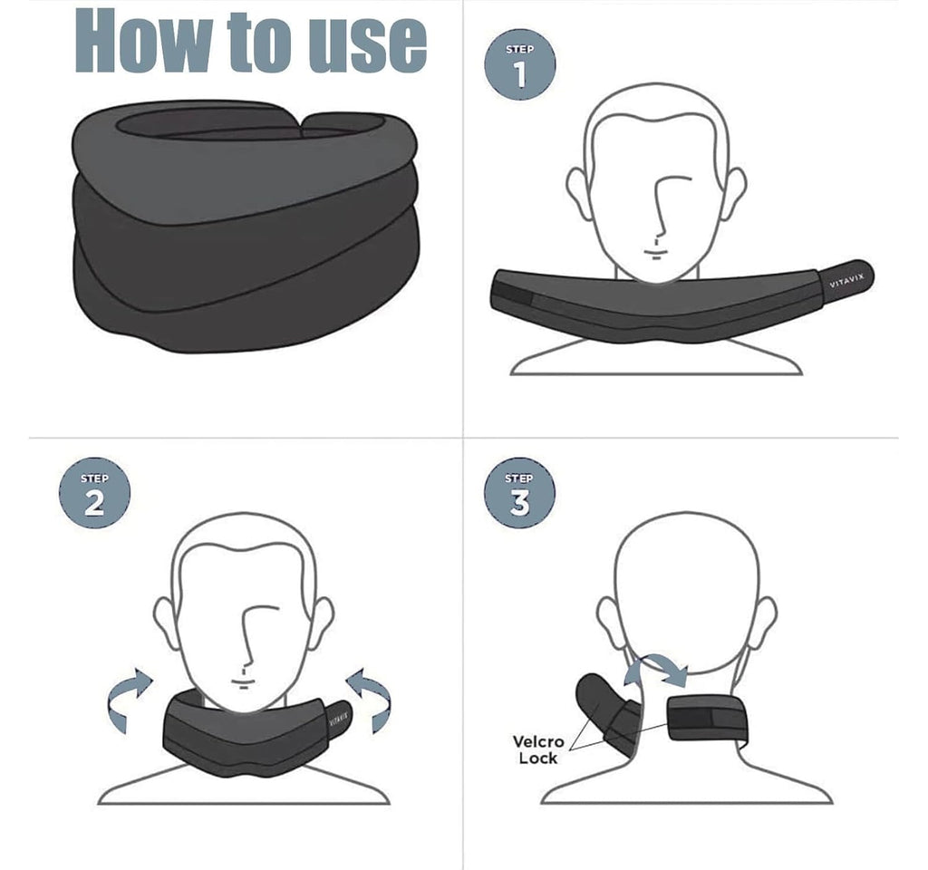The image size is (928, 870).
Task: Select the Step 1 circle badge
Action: click(520, 64)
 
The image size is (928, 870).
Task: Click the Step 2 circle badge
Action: click(94, 493)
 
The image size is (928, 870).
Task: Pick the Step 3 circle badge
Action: click(519, 493)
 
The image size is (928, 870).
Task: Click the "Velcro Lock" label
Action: click(538, 749)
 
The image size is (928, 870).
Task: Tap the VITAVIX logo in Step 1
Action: click(847, 280)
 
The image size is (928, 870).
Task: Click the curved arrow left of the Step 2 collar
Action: click(129, 701)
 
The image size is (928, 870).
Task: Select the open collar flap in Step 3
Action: click(605, 712)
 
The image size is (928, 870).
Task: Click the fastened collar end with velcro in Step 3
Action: click(707, 720)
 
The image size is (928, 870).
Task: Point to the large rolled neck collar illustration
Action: click(246, 226)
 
